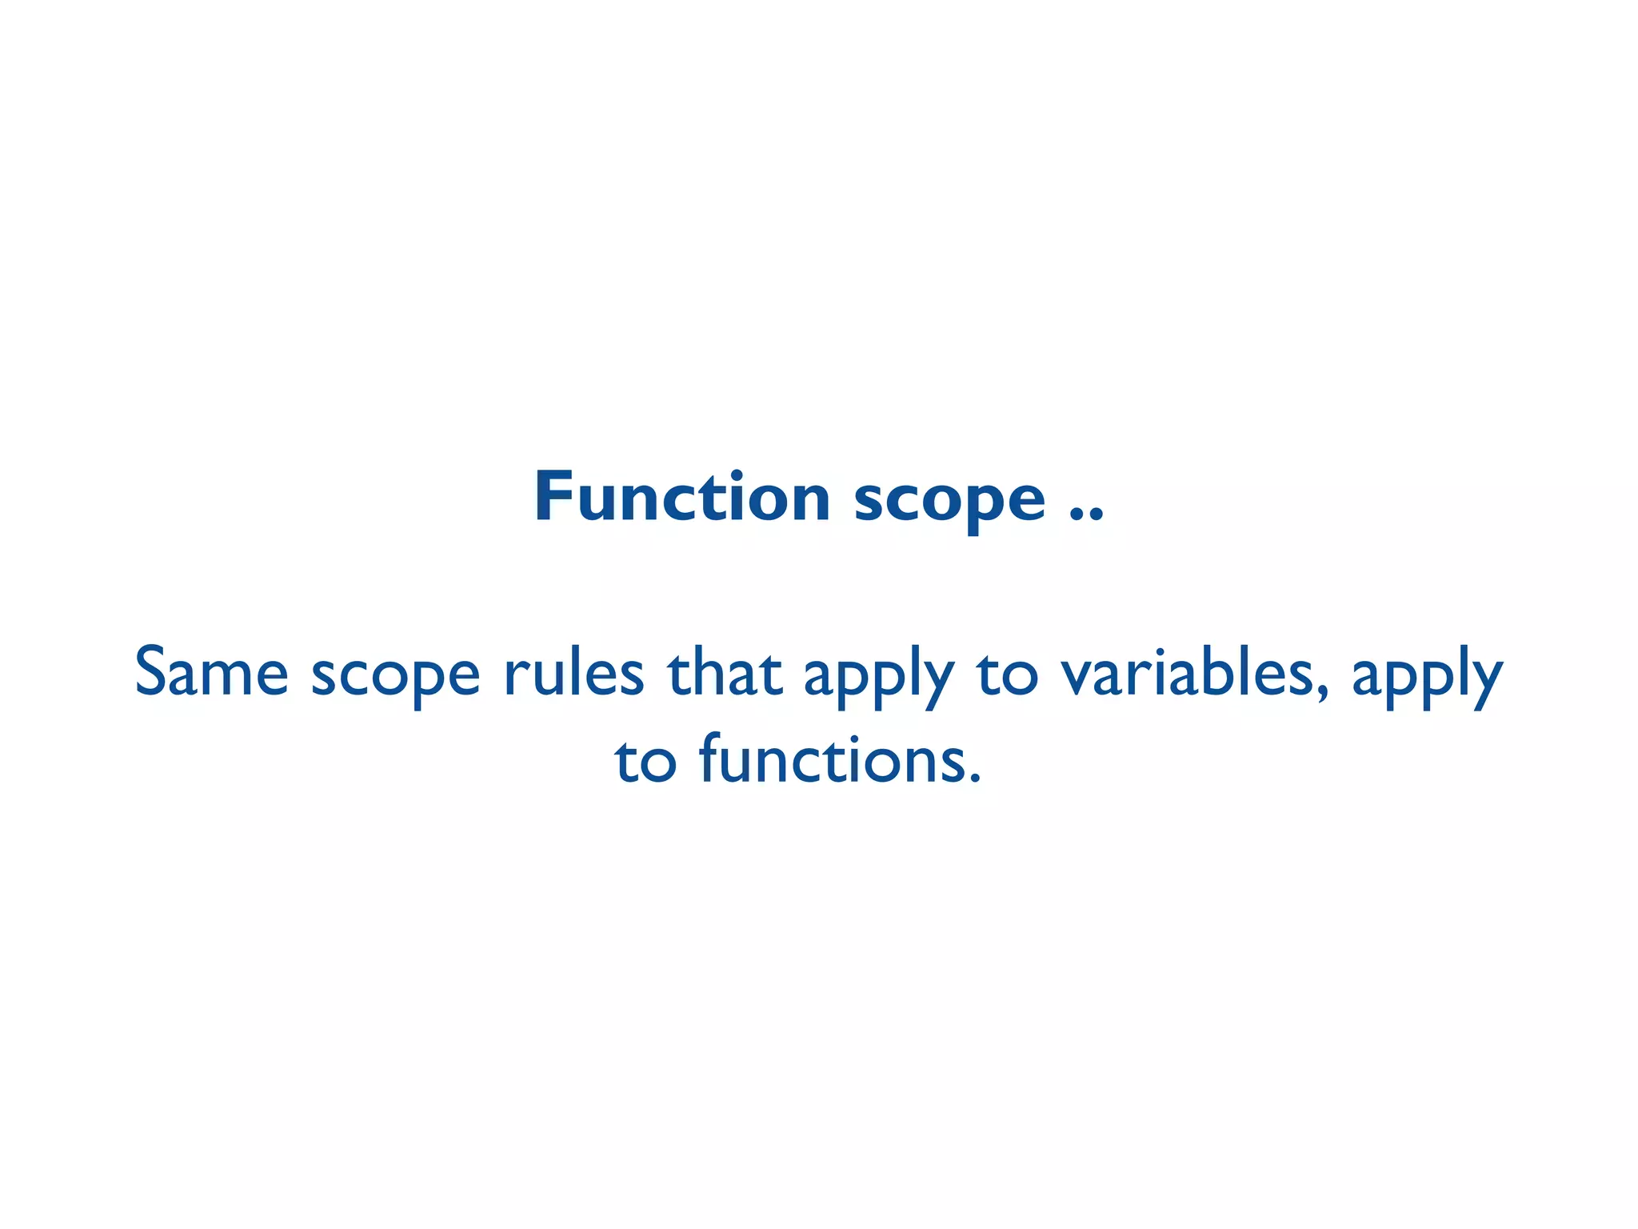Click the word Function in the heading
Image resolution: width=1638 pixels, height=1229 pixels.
682,498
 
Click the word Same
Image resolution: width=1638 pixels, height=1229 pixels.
211,672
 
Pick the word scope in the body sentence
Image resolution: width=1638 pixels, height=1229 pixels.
395,679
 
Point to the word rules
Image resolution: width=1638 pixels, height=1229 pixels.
573,672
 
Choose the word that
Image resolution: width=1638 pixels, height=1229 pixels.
724,672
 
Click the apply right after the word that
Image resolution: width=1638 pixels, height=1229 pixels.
878,679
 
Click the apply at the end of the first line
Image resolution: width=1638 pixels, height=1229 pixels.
1427,679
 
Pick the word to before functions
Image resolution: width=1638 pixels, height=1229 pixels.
645,762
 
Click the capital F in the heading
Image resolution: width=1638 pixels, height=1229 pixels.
553,498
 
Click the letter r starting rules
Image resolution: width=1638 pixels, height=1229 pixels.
513,676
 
